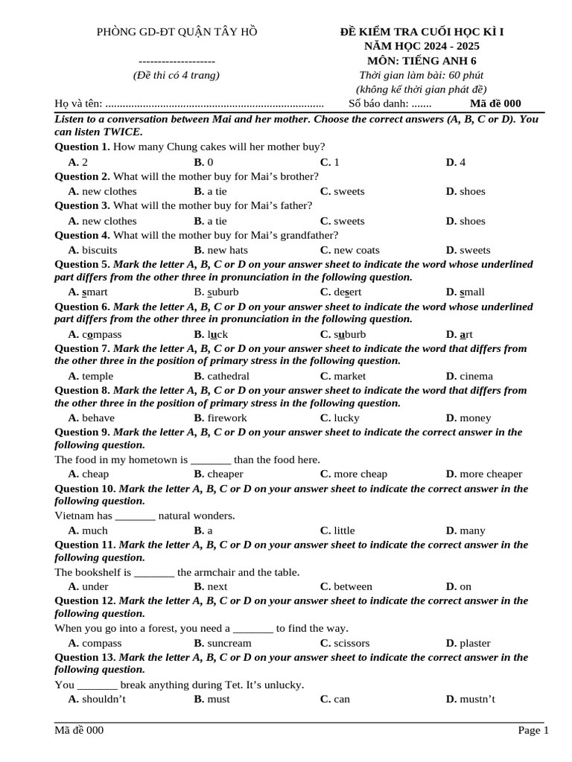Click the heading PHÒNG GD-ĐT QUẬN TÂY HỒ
177,31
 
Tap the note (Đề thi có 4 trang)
177,75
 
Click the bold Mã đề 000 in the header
495,103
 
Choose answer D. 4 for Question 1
456,162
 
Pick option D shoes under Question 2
465,191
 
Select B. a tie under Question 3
211,221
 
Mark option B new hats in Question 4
221,250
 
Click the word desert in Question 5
341,292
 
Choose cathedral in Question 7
222,376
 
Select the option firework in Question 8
220,417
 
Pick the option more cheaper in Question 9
484,474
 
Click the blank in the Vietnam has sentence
136,516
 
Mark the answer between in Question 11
346,586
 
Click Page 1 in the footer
533,730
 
